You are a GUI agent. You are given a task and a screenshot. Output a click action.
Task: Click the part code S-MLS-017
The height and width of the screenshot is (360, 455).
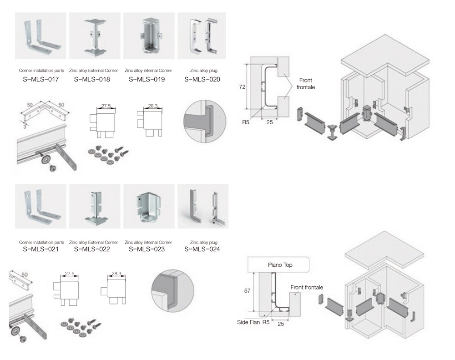(40, 79)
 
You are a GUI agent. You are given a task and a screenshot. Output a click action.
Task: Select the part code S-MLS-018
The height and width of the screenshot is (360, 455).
(92, 79)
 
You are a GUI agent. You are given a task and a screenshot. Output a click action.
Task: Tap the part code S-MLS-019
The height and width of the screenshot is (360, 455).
(147, 79)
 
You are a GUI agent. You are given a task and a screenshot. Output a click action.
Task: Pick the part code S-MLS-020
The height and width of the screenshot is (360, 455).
(202, 79)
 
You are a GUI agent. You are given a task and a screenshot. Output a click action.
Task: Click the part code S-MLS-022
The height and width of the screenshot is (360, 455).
(92, 249)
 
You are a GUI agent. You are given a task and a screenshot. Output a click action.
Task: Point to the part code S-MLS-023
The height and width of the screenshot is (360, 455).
(147, 249)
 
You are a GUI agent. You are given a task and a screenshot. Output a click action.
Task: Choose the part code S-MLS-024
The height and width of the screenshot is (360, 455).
(202, 249)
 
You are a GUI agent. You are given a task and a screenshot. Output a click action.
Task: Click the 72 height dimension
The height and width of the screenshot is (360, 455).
(243, 87)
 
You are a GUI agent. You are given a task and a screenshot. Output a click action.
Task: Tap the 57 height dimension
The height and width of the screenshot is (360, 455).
(247, 291)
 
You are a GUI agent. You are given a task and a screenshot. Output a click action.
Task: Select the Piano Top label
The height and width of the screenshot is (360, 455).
(280, 265)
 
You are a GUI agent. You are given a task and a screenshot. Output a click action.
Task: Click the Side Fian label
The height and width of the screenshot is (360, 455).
(248, 322)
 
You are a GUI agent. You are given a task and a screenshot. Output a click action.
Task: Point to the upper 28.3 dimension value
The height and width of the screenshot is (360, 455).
(153, 106)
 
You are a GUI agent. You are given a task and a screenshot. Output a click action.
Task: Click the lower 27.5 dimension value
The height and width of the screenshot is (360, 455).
(70, 274)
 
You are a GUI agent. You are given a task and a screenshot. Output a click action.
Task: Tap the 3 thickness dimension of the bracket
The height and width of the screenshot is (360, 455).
(25, 127)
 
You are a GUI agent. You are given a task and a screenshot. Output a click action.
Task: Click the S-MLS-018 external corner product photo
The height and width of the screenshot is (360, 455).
(95, 36)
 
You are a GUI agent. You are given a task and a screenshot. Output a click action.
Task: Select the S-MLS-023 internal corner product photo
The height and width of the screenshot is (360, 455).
(149, 206)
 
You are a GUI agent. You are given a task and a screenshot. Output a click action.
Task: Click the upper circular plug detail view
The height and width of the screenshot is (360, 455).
(205, 122)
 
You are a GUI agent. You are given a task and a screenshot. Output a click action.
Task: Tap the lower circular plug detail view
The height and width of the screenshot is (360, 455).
(173, 291)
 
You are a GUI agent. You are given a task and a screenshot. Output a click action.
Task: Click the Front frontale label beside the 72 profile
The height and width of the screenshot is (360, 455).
(306, 84)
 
